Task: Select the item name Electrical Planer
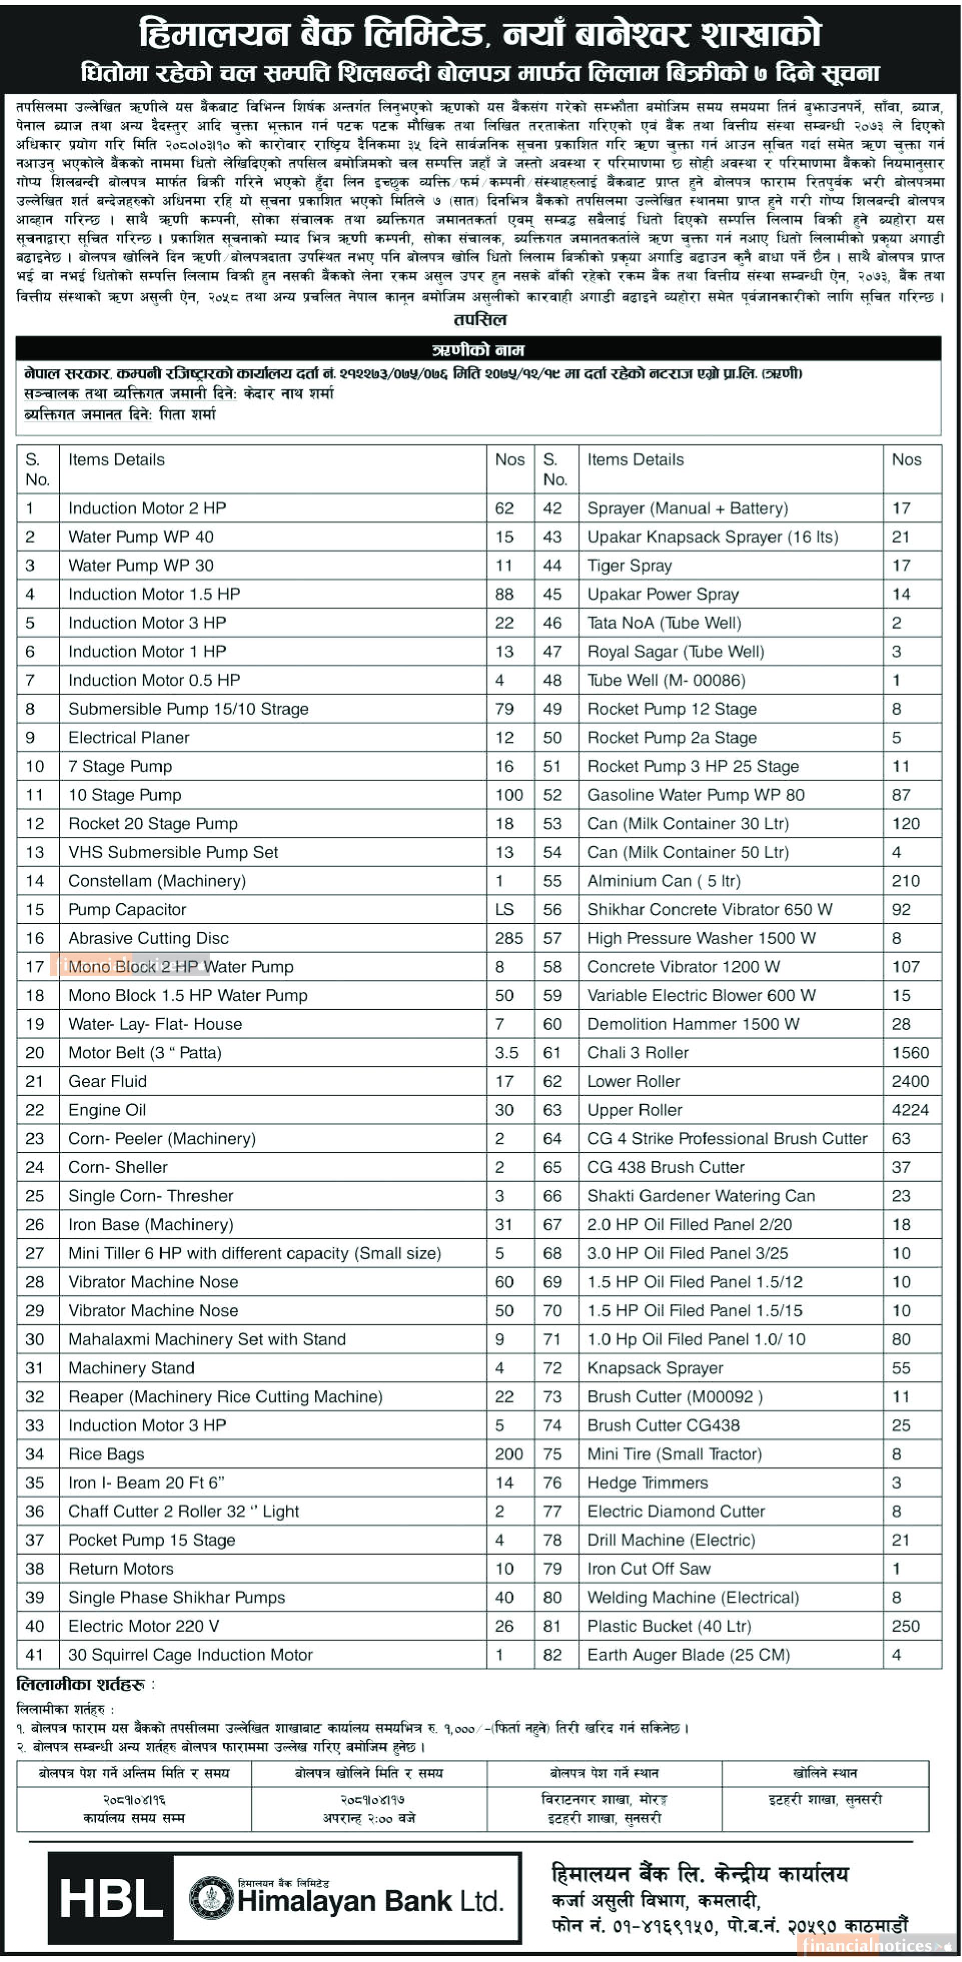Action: [129, 737]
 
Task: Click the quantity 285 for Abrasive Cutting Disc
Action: [508, 937]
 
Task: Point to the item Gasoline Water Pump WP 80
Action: [695, 794]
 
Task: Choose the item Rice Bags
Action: [106, 1453]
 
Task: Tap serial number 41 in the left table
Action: [35, 1654]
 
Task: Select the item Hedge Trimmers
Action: [648, 1482]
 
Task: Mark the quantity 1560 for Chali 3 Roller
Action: [910, 1053]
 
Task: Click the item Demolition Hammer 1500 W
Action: [693, 1024]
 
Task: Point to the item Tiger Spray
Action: [629, 565]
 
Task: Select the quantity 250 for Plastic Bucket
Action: [905, 1625]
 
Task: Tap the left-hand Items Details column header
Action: [117, 459]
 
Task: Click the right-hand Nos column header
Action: [906, 459]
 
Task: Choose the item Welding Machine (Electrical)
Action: [692, 1597]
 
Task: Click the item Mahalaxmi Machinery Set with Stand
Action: [207, 1339]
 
